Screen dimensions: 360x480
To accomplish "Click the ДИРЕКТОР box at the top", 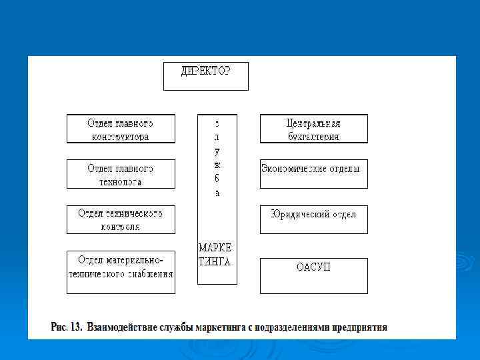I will tap(205, 75).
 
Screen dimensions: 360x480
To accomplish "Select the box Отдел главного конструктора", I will tap(121, 129).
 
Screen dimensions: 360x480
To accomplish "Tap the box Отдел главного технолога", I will tap(121, 174).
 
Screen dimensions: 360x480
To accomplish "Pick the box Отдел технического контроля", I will tap(121, 219).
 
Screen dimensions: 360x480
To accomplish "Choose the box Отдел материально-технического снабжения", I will tap(121, 272).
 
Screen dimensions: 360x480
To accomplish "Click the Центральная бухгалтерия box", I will tap(313, 129).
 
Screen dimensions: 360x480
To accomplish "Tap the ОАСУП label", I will tap(313, 267).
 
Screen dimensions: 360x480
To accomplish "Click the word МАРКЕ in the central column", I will tap(215, 247).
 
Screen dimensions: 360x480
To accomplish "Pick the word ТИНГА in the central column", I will tap(215, 262).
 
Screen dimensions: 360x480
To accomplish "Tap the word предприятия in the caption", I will tap(358, 327).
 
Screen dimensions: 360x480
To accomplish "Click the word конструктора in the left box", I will tap(120, 137).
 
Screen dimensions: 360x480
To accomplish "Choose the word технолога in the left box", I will tap(120, 182).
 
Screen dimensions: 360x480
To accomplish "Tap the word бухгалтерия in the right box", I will tap(313, 137).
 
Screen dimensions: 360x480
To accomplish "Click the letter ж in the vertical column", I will tap(217, 164).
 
